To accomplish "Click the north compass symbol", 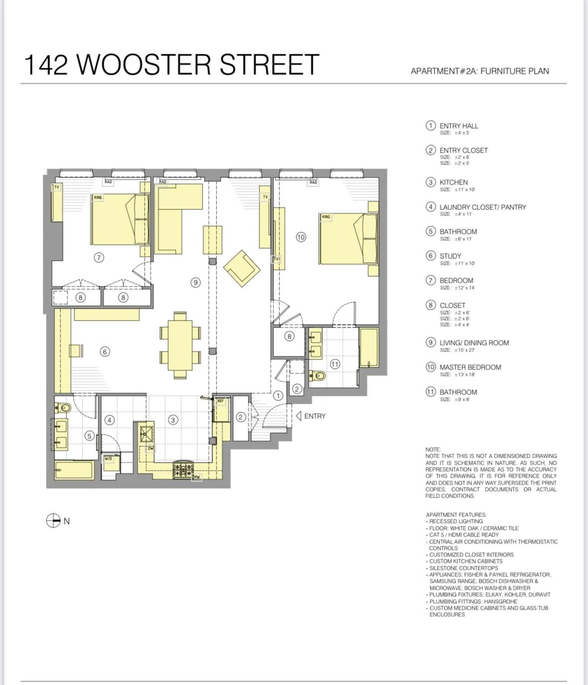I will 53,520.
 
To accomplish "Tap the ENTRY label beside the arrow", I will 315,416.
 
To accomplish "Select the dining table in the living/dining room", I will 180,344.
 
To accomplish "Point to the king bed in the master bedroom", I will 348,239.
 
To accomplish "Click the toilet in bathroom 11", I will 318,375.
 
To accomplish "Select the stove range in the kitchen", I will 183,469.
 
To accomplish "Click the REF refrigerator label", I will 220,401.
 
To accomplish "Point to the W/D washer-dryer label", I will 108,458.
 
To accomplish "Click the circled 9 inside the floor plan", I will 196,282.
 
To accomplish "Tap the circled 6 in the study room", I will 105,351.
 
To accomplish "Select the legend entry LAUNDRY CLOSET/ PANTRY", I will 482,207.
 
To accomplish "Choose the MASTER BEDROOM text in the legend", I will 470,367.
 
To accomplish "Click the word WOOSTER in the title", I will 144,65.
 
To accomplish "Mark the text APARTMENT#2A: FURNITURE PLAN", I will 479,71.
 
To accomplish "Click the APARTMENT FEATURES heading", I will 456,514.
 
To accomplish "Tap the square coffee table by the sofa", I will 212,240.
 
